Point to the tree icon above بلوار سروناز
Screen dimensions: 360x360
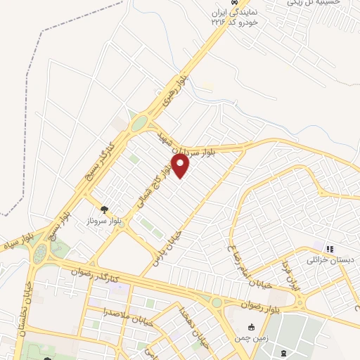pos(105,209)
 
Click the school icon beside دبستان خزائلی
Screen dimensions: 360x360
pos(329,248)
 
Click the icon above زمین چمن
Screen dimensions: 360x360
pos(252,327)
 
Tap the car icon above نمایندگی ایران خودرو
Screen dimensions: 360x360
pos(243,2)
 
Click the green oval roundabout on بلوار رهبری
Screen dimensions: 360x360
pos(139,124)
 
